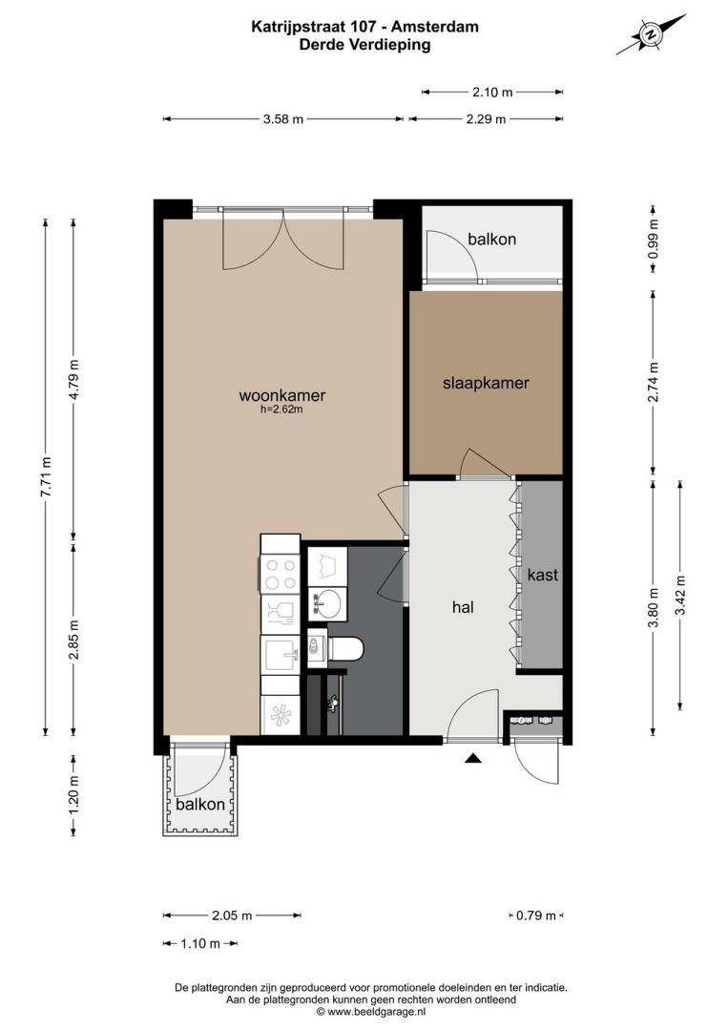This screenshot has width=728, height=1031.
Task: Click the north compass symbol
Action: [651, 34]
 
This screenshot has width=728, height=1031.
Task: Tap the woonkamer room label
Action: [281, 395]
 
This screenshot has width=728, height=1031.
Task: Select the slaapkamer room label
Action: [486, 383]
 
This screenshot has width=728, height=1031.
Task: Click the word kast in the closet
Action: [542, 575]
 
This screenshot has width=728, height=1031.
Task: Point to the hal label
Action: [463, 607]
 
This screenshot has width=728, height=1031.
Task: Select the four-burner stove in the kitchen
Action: [280, 574]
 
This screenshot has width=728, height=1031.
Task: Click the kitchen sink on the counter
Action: [281, 654]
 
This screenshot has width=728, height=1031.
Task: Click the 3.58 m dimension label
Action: [283, 119]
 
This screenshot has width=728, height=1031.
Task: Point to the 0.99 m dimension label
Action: [653, 239]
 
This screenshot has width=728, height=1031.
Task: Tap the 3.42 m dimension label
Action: [680, 595]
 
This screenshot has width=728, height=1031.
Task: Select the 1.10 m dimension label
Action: [200, 943]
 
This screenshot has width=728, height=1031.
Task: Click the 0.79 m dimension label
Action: [536, 915]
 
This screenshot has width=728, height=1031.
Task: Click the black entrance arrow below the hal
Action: [473, 758]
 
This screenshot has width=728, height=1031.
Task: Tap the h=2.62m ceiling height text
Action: [281, 410]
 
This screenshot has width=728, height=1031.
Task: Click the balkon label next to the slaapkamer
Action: [491, 239]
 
